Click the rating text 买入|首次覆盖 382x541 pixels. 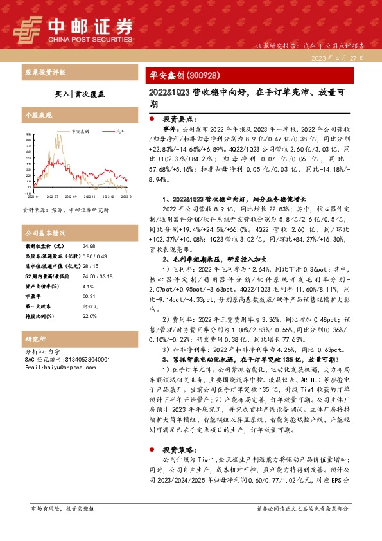pos(80,93)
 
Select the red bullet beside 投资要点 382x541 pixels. pos(151,120)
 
